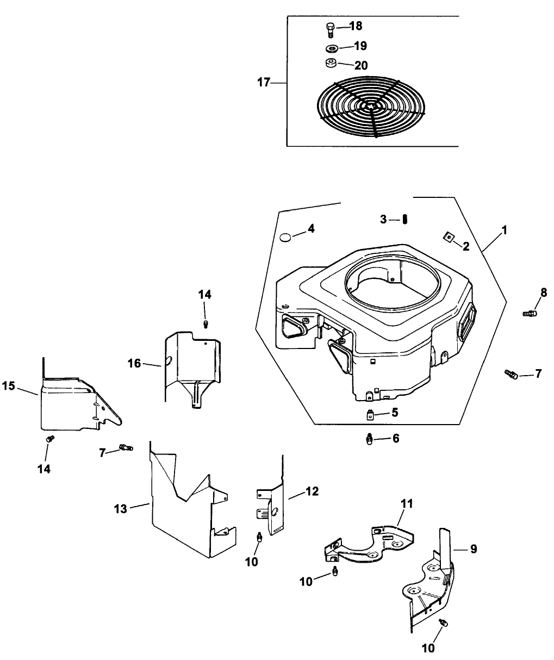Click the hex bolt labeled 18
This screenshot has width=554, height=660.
coord(329,28)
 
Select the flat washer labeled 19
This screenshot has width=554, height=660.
coord(331,47)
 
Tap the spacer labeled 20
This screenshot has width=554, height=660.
coord(330,64)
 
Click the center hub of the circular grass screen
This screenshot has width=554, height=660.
coord(372,106)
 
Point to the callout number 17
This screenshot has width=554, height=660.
coord(263,83)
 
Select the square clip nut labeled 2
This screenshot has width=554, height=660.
coord(449,236)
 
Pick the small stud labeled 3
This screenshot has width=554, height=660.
coord(406,219)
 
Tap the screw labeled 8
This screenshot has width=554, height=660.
coord(530,313)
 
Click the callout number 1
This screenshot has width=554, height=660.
coord(504,230)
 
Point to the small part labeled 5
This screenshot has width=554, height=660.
coord(369,416)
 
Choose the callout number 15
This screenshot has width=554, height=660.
coord(8,385)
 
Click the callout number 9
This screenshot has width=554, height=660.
coord(473,549)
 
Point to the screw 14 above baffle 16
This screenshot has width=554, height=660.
coord(206,325)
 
